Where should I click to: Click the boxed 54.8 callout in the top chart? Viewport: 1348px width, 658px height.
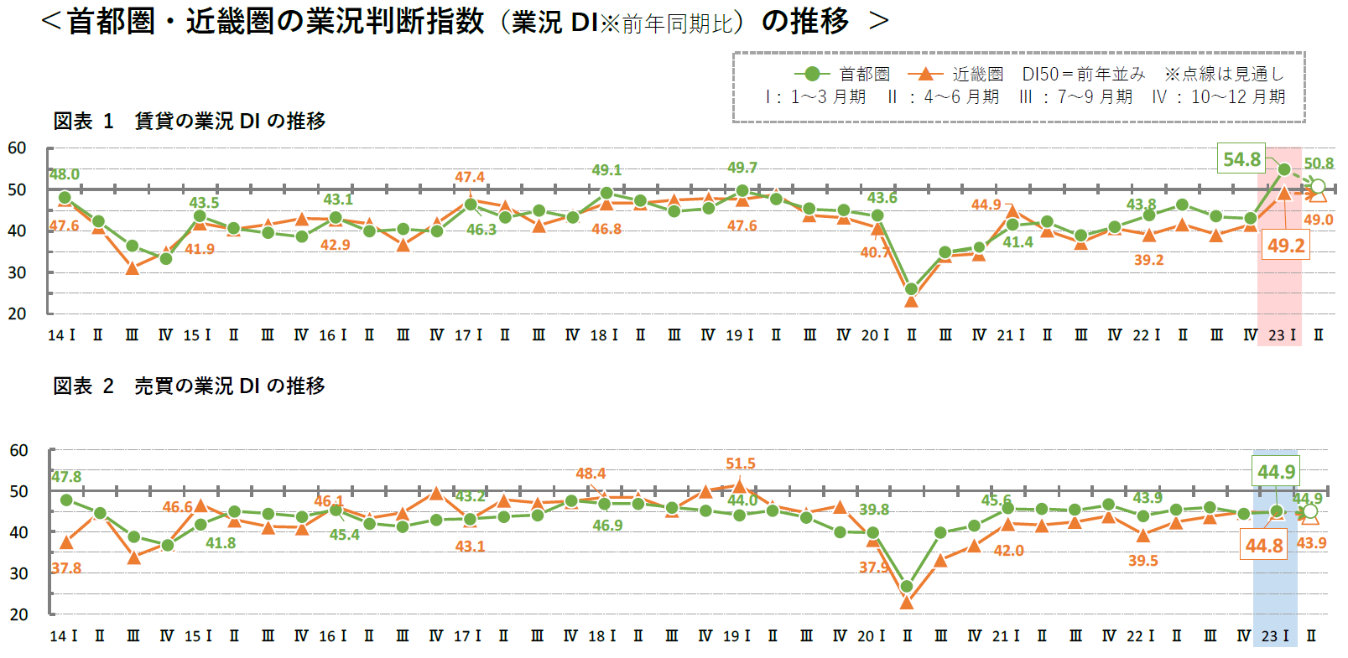click(x=1241, y=159)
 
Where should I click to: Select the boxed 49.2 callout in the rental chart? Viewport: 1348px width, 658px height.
click(x=1286, y=246)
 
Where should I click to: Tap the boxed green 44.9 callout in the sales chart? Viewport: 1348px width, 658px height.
click(x=1276, y=472)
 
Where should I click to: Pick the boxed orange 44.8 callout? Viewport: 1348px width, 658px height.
click(x=1264, y=546)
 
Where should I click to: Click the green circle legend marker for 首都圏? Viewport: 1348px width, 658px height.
click(x=811, y=74)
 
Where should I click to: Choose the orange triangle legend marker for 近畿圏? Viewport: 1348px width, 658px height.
click(x=925, y=74)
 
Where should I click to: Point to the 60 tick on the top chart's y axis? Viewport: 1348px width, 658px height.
click(x=17, y=148)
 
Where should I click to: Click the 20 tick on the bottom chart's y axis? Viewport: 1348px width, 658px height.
click(x=18, y=614)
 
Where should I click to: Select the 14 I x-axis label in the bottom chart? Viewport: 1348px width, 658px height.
click(x=63, y=636)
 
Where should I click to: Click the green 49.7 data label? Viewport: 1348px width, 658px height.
click(x=742, y=168)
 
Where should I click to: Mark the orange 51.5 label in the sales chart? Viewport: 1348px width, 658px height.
click(x=741, y=464)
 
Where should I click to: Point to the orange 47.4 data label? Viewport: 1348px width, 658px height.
click(x=470, y=177)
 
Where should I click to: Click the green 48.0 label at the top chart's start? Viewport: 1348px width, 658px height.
click(x=65, y=174)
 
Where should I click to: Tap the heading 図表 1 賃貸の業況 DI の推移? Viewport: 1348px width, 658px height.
click(x=189, y=122)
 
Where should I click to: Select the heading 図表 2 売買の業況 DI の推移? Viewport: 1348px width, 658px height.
click(x=189, y=386)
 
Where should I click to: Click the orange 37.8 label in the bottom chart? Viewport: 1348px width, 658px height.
click(x=66, y=568)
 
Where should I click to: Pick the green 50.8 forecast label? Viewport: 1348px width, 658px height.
click(x=1319, y=163)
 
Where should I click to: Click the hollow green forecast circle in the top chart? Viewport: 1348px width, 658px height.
click(x=1318, y=186)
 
